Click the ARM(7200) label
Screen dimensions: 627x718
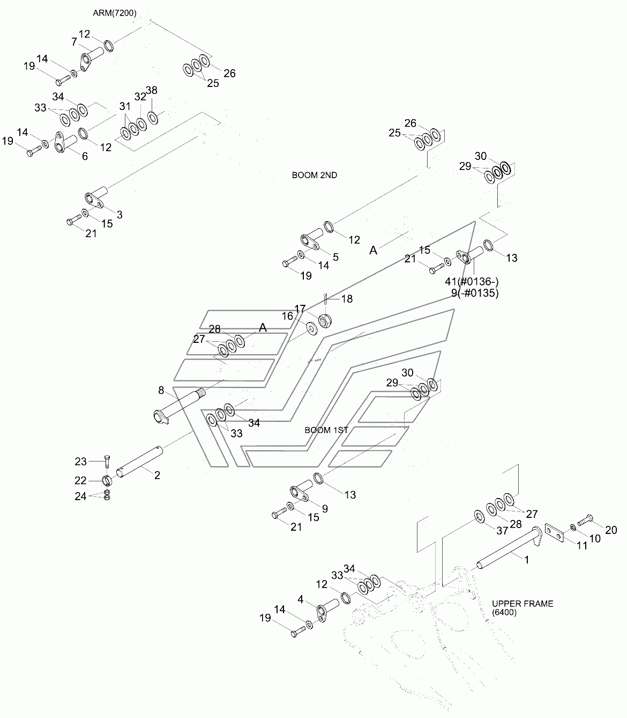115,13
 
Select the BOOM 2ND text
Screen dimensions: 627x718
315,175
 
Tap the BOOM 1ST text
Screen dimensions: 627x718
326,430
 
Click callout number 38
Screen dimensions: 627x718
152,90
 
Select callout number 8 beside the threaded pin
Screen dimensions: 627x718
161,390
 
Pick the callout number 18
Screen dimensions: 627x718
347,299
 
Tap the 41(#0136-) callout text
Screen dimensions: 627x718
472,281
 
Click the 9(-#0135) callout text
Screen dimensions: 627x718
475,292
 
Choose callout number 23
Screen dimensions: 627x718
80,461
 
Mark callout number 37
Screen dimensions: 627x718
502,531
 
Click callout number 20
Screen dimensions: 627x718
611,530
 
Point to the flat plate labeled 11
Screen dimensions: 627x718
555,533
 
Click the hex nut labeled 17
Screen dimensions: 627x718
325,320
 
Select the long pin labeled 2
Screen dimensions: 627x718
140,462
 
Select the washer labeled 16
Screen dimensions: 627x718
311,328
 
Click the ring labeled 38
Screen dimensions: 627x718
153,118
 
